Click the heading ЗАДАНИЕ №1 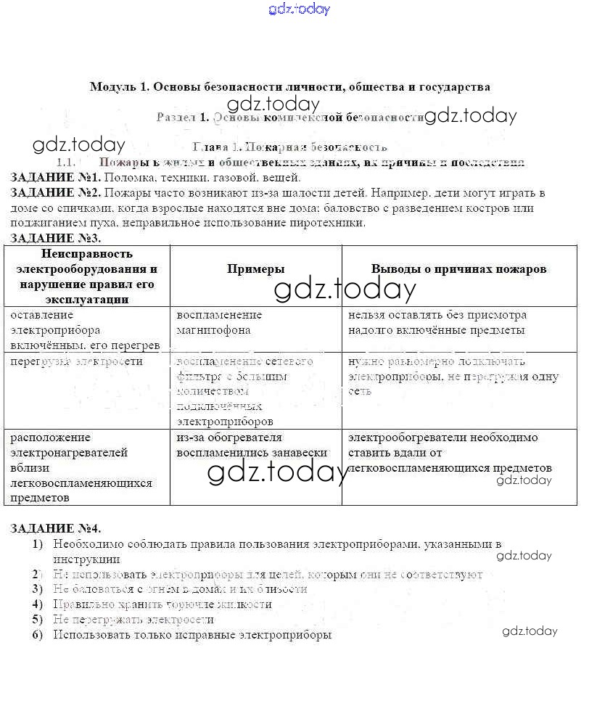pyautogui.click(x=55, y=178)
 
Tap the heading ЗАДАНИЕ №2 pyautogui.click(x=55, y=193)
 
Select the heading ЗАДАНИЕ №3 pyautogui.click(x=55, y=238)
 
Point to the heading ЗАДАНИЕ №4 pyautogui.click(x=55, y=528)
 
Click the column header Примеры pyautogui.click(x=256, y=269)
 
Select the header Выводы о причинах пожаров pyautogui.click(x=458, y=269)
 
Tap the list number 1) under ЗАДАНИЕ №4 pyautogui.click(x=37, y=544)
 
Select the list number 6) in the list pyautogui.click(x=37, y=635)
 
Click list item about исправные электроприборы pyautogui.click(x=192, y=635)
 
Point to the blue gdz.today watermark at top pyautogui.click(x=299, y=9)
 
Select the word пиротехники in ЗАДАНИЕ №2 pyautogui.click(x=330, y=223)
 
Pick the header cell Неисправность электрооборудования pyautogui.click(x=87, y=276)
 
